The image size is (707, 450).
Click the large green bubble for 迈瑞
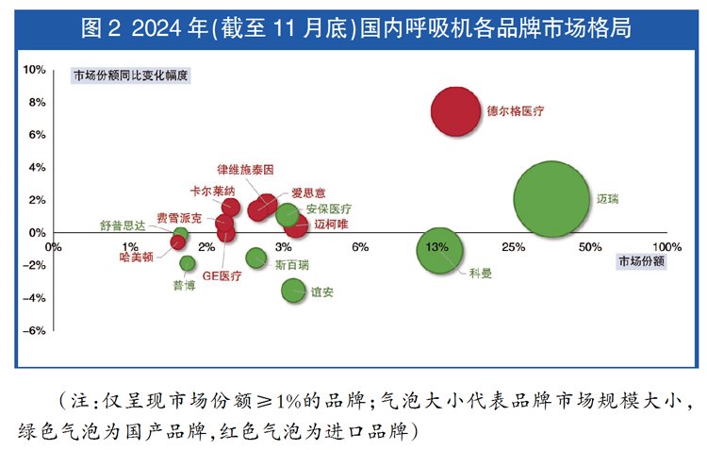(x=553, y=199)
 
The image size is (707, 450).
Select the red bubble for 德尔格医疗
(x=456, y=110)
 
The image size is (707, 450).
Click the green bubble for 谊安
(x=294, y=291)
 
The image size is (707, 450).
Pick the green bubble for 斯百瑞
(x=255, y=258)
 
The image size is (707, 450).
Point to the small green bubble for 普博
(x=188, y=263)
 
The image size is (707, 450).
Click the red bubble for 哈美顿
(x=177, y=242)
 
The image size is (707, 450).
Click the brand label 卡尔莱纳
(x=212, y=191)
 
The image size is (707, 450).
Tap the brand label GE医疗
(x=222, y=275)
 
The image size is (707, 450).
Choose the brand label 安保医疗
(x=329, y=208)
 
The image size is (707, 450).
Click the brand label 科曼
(x=480, y=274)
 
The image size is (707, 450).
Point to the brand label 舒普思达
(x=123, y=226)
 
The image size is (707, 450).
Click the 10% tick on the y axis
(x=34, y=70)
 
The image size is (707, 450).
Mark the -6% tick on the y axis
(x=34, y=331)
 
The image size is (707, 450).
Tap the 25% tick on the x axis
(x=514, y=247)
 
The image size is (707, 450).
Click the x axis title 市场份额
(x=642, y=261)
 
